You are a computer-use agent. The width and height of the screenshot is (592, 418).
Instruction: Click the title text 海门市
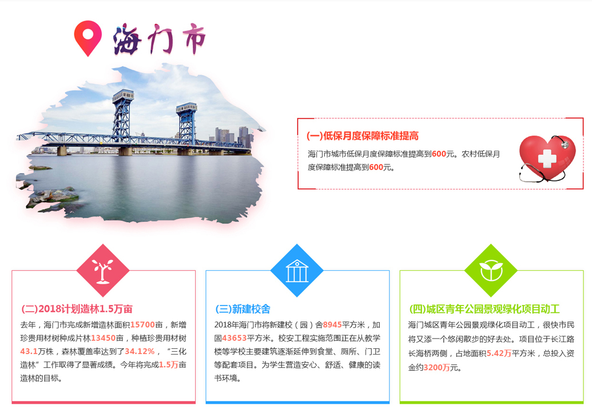159,39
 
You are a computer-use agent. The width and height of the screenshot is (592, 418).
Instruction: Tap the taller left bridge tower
123,116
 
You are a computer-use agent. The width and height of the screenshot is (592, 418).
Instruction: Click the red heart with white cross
547,158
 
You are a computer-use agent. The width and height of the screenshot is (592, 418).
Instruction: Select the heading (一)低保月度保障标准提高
363,136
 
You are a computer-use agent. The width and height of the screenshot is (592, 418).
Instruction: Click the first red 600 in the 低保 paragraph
439,154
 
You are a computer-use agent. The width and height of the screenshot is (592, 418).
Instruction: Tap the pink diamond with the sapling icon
103,270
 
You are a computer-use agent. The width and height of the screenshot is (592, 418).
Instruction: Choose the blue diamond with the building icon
297,270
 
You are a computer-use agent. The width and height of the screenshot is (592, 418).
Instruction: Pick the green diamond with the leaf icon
491,270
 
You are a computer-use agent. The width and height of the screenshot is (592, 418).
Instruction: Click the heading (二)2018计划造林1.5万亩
77,309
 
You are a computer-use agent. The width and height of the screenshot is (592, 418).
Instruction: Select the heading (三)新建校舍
243,309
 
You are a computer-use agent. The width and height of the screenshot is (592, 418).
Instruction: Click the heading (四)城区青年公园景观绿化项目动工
484,309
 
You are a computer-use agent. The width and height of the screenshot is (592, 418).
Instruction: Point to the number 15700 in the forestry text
143,324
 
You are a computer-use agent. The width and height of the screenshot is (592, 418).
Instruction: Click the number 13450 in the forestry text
103,338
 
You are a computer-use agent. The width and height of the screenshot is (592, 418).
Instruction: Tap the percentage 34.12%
140,351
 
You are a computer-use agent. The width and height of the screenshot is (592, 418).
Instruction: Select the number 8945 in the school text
332,324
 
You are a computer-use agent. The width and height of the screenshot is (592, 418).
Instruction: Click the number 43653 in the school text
234,338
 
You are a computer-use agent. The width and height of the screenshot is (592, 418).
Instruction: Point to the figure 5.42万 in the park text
499,353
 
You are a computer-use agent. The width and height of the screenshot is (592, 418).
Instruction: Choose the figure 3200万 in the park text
436,368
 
